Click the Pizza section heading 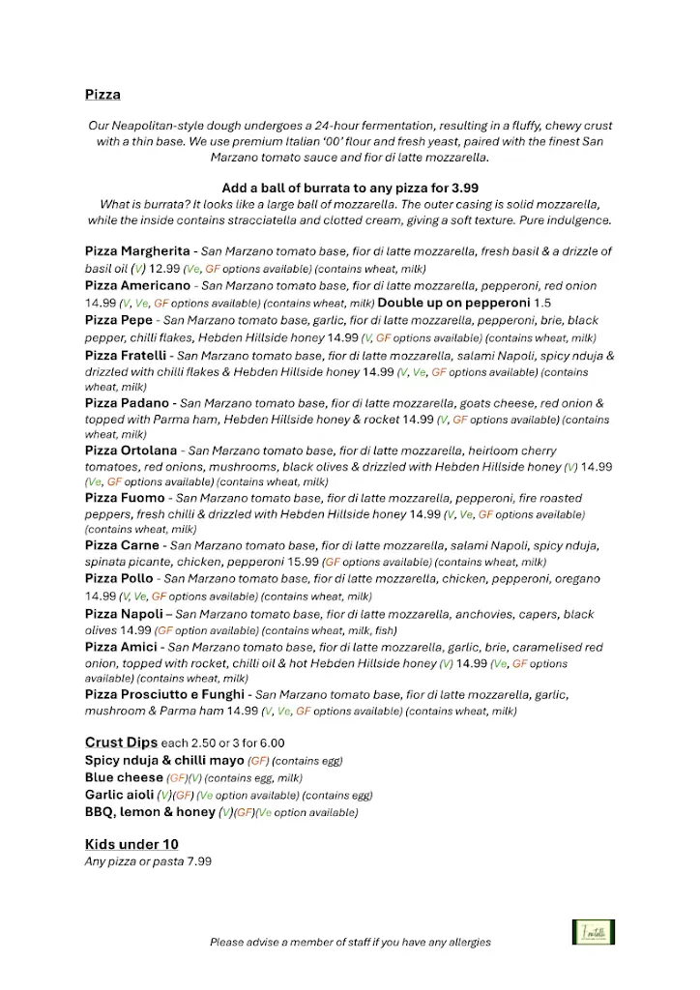click(102, 95)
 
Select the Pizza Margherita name click(137, 251)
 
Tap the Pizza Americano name click(137, 286)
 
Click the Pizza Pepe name click(119, 320)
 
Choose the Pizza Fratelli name click(129, 356)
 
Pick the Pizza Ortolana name click(131, 451)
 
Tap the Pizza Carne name click(123, 545)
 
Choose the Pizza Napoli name click(124, 615)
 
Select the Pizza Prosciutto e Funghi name click(165, 695)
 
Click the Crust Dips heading click(121, 742)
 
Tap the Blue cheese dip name click(124, 777)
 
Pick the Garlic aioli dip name click(119, 795)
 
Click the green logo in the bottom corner click(593, 933)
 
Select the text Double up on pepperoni click(453, 303)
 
